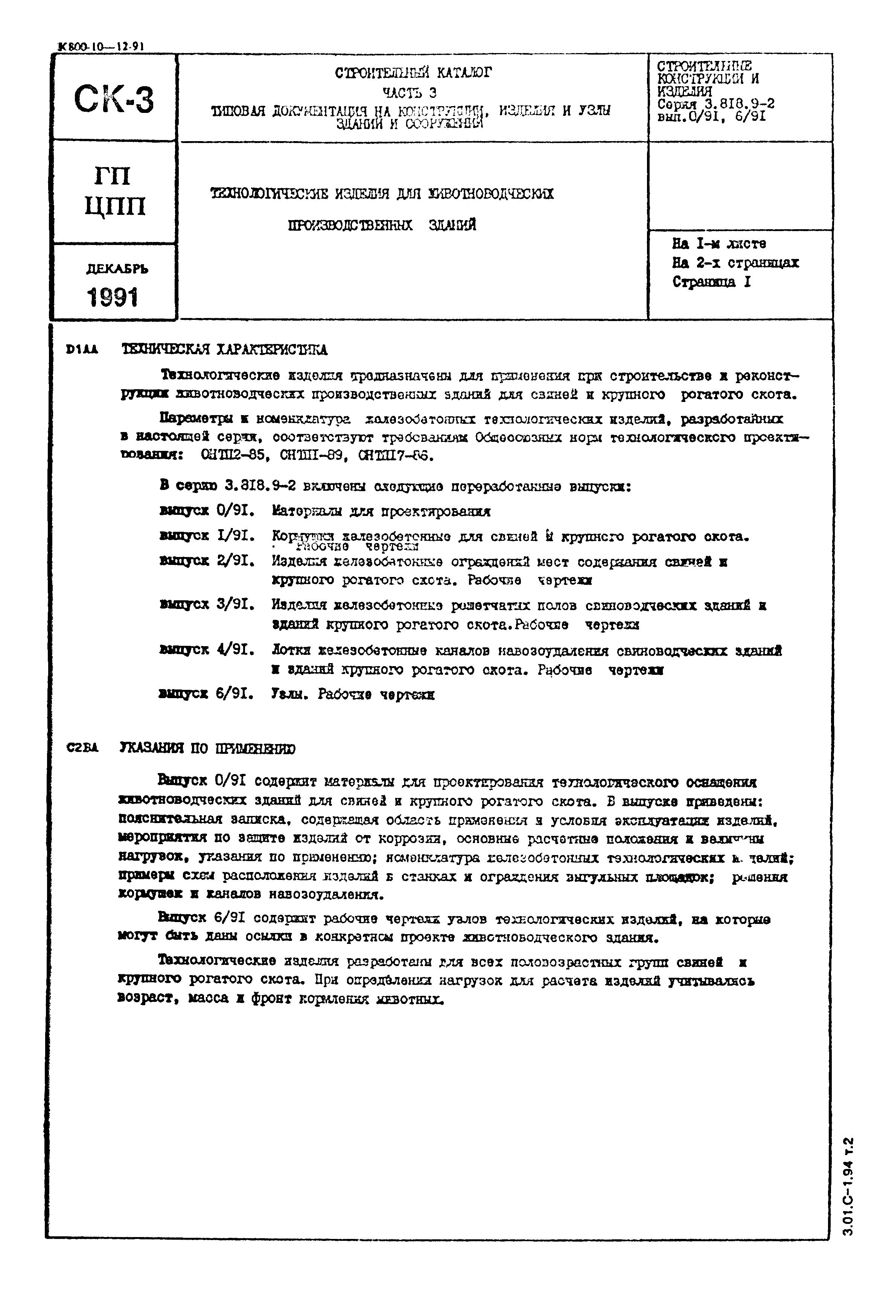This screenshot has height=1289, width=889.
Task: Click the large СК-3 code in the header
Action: [x=114, y=99]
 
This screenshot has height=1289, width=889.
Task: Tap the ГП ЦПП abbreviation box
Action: [x=115, y=192]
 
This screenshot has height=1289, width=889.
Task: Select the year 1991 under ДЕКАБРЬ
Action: [x=113, y=297]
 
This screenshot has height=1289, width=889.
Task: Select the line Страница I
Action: [x=711, y=282]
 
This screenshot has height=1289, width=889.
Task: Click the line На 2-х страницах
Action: [x=735, y=262]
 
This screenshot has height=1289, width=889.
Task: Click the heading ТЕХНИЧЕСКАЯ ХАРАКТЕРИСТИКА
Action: [x=224, y=350]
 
